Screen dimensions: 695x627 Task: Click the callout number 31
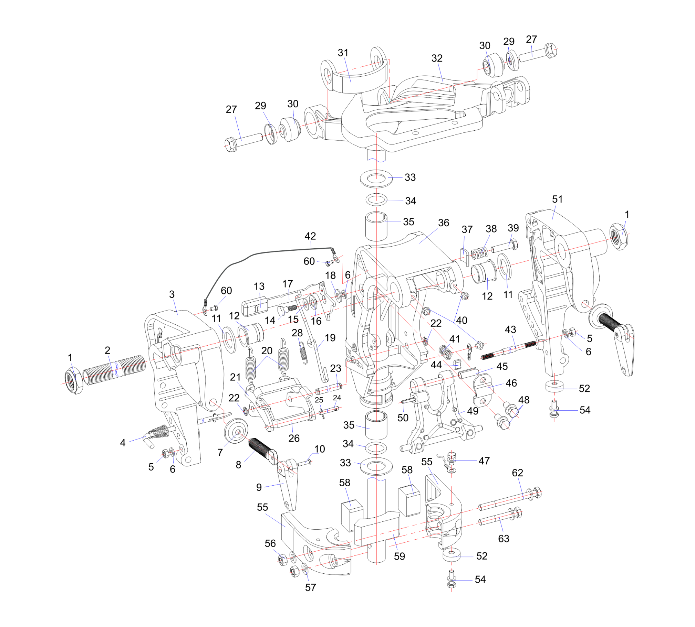tap(343, 53)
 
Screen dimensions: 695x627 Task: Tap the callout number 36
tap(443, 223)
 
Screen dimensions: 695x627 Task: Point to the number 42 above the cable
tap(310, 236)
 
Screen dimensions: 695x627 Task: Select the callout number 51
tap(557, 199)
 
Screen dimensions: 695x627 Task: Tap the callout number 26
tap(294, 438)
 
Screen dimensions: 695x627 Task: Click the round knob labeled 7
tap(236, 431)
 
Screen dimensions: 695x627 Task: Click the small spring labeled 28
tap(302, 352)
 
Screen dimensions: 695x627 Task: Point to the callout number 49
tap(473, 411)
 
